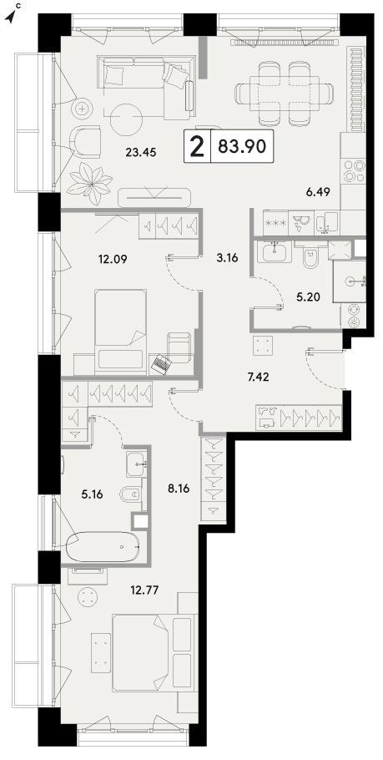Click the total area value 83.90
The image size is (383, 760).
[x=242, y=146]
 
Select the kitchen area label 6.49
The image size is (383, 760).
[x=318, y=192]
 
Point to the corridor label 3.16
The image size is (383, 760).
[x=227, y=258]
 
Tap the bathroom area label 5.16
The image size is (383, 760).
[x=92, y=494]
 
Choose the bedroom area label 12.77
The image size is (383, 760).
[x=145, y=590]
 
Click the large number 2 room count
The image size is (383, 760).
[x=198, y=147]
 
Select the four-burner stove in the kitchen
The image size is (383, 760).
[x=354, y=170]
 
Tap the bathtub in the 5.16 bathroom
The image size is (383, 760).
[x=103, y=546]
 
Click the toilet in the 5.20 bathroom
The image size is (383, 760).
[x=309, y=257]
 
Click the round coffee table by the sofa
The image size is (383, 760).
[x=126, y=119]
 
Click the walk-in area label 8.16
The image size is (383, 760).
[x=178, y=489]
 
